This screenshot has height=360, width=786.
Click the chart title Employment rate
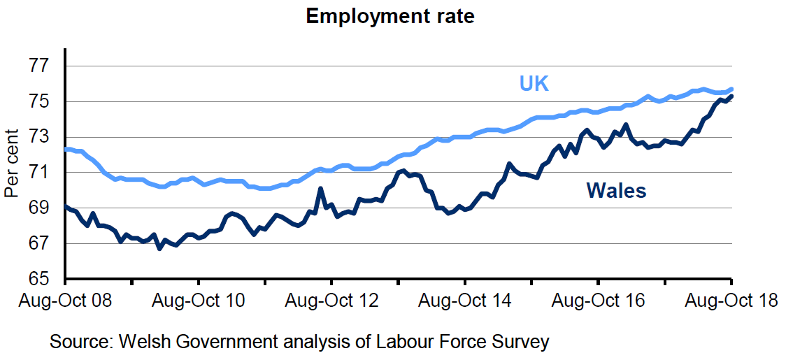click(390, 16)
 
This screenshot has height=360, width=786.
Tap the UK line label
click(534, 83)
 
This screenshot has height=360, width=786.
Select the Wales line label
click(616, 190)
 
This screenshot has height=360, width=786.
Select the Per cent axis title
click(12, 164)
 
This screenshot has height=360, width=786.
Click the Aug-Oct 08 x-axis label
click(65, 301)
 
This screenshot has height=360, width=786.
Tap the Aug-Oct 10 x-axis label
click(199, 301)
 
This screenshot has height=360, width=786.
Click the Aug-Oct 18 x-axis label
click(731, 301)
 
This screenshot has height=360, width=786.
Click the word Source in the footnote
click(80, 343)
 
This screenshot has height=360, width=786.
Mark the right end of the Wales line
click(731, 96)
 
